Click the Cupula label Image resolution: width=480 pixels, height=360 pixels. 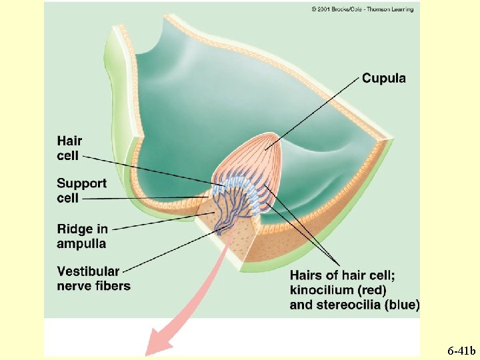(x=383, y=79)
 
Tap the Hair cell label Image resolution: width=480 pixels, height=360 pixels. (x=69, y=148)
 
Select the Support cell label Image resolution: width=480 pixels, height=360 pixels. (x=81, y=190)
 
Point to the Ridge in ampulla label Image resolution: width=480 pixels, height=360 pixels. (x=82, y=237)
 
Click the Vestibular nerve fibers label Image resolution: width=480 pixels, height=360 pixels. (x=93, y=279)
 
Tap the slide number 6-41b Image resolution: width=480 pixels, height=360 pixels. (x=461, y=351)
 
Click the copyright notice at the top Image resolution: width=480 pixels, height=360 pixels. (x=362, y=9)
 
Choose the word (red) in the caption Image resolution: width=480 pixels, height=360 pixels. (x=371, y=290)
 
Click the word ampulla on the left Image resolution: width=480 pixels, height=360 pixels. (x=81, y=244)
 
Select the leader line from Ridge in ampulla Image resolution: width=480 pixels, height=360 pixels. (x=160, y=220)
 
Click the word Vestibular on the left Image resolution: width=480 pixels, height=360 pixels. (x=88, y=271)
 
